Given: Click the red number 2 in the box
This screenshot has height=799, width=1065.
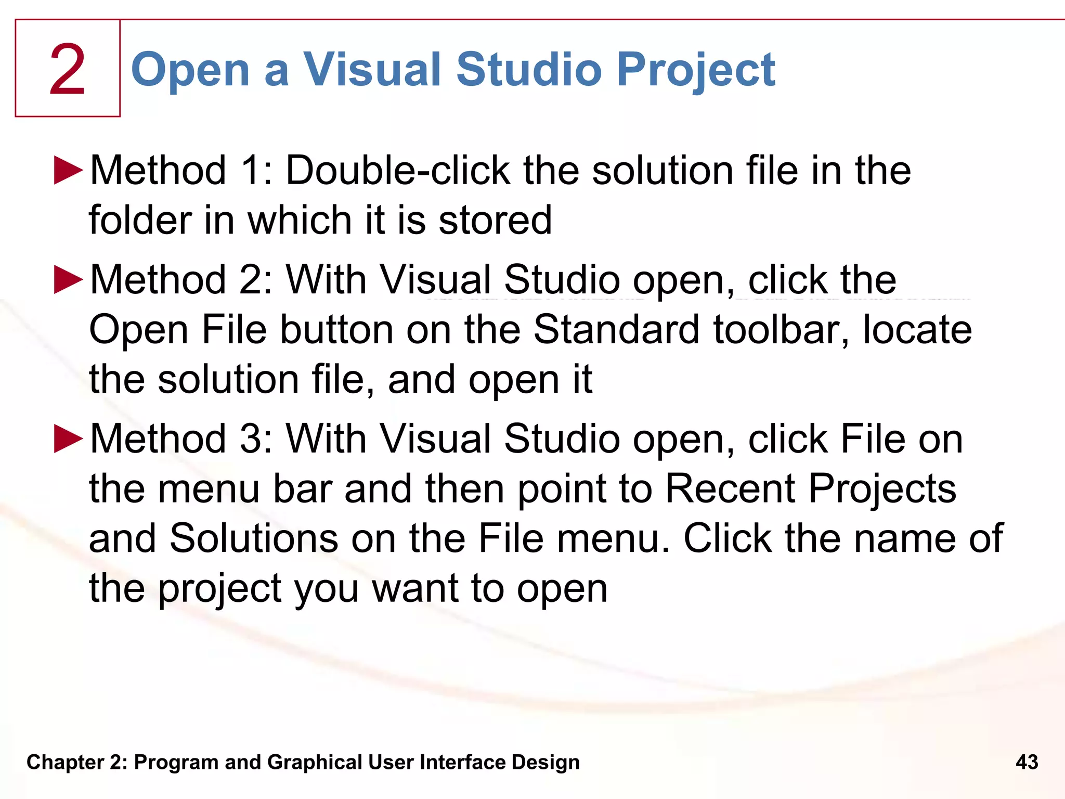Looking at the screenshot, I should [x=67, y=70].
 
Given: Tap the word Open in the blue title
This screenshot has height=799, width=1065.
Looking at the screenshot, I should [x=190, y=71].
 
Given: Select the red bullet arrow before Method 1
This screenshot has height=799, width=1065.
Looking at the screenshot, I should [x=68, y=170].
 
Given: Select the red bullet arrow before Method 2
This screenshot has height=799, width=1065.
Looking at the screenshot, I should [x=68, y=279].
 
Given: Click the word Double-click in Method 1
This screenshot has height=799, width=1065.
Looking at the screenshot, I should [x=398, y=170].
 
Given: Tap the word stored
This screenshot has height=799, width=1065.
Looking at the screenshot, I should [x=495, y=220].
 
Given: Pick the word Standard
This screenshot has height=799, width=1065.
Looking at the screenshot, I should [x=617, y=329].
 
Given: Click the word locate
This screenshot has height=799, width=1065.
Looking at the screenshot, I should [x=917, y=329].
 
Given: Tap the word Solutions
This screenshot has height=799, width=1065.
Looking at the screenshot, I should [x=254, y=538].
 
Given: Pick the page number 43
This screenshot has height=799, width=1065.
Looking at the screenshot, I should [x=1027, y=762].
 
